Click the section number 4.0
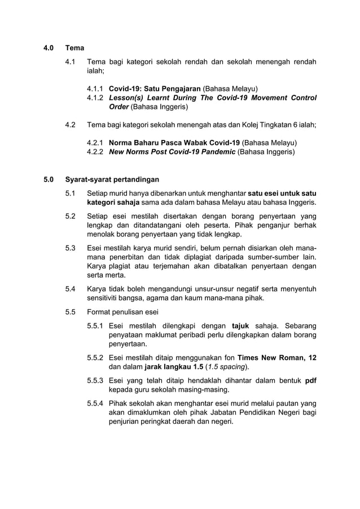(x=49, y=48)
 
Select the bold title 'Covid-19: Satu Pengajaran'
(x=154, y=89)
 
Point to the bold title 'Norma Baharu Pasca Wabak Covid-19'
(x=174, y=143)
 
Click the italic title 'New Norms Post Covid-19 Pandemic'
(x=172, y=152)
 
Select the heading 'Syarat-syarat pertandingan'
(x=112, y=180)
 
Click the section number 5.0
(x=49, y=180)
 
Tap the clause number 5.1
(x=71, y=194)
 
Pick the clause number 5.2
(x=71, y=216)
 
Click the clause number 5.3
(x=71, y=248)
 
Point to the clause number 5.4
(x=71, y=289)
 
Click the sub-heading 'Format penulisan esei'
(x=123, y=312)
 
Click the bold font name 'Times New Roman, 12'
(x=276, y=357)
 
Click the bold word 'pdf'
(x=310, y=380)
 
